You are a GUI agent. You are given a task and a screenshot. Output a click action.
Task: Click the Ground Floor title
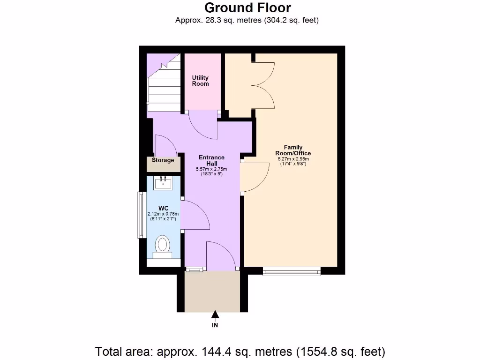[247, 8]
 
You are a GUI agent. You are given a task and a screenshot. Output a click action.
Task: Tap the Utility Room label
[201, 81]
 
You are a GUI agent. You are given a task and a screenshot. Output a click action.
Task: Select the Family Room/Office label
[293, 150]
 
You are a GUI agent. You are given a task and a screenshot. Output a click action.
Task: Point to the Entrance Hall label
[211, 160]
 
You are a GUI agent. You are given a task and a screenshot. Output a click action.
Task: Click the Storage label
[163, 160]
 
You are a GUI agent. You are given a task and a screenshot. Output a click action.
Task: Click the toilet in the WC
[163, 245]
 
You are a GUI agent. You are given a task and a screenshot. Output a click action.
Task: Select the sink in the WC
[164, 182]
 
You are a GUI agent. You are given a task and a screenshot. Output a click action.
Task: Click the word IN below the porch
[215, 325]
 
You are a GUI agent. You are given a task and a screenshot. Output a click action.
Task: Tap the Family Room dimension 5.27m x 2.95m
[293, 159]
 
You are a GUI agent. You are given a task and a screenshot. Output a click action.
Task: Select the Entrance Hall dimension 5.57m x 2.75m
[211, 169]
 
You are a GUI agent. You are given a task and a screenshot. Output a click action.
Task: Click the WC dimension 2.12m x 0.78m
[163, 214]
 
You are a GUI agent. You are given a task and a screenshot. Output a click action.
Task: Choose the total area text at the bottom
[240, 351]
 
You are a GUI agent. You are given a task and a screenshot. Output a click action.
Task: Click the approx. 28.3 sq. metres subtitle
[247, 20]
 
